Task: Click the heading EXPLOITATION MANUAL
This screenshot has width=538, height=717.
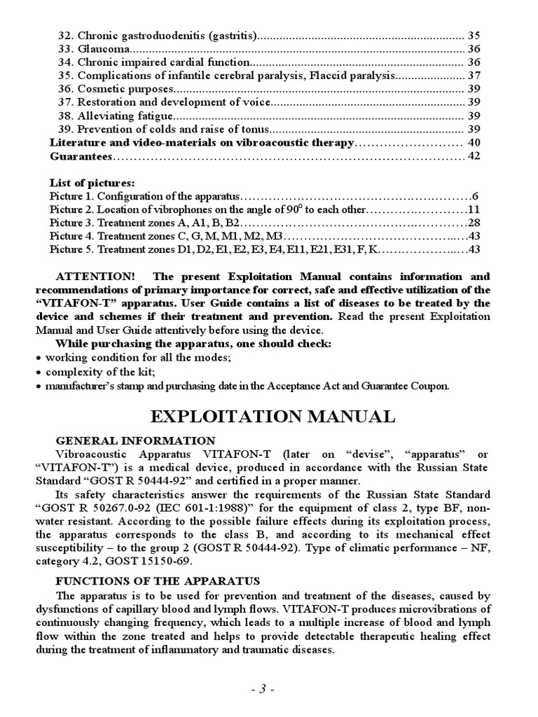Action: pos(273,417)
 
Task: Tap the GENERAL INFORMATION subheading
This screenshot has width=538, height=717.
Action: pos(136,440)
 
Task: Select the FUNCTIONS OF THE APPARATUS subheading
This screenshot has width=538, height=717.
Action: pos(158,581)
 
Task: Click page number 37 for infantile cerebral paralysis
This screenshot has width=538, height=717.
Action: pos(474,76)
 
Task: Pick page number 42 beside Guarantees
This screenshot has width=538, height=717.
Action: pos(474,156)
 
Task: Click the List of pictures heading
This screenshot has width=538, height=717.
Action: pos(92,183)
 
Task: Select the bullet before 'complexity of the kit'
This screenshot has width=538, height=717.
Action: pos(39,372)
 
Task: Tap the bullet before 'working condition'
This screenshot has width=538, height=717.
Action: pos(39,358)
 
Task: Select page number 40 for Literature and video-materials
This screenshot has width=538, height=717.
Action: pos(474,143)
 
